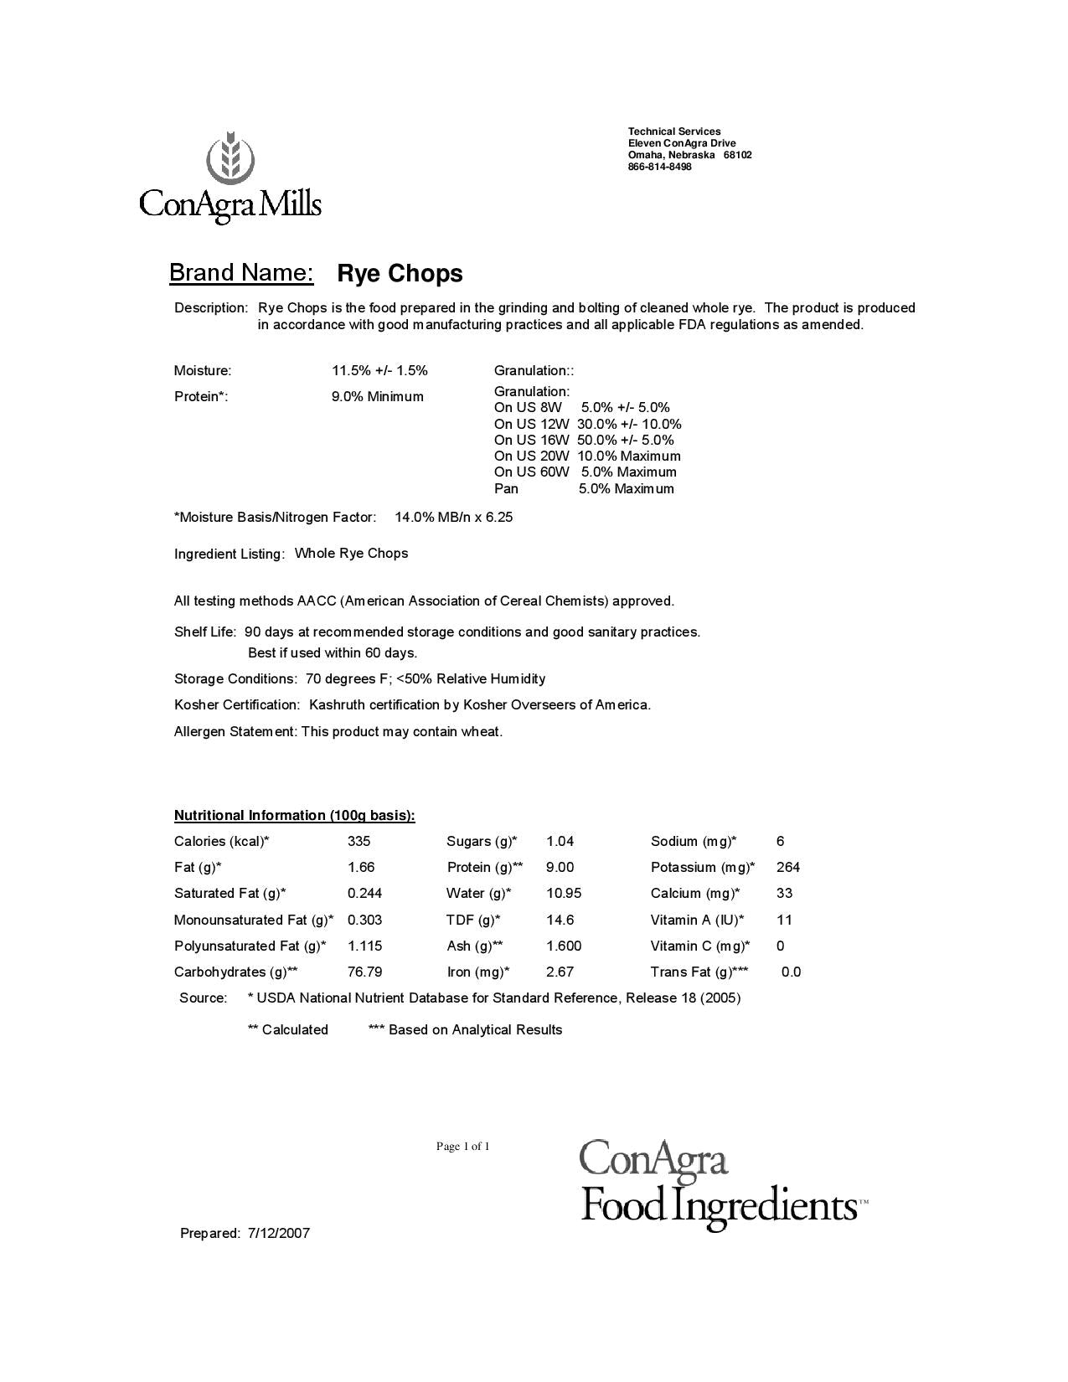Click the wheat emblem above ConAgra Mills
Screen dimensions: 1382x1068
(230, 157)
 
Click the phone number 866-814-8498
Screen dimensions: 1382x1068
(659, 167)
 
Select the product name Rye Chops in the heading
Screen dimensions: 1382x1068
(400, 274)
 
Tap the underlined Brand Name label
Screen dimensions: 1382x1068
(241, 273)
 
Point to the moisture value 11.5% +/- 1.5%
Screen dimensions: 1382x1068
(379, 370)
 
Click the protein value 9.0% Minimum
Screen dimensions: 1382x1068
(377, 396)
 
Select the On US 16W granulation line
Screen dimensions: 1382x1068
(583, 440)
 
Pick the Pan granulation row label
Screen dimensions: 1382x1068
(506, 488)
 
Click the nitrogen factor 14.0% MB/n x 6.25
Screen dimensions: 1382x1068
(453, 518)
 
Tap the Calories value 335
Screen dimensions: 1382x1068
(359, 841)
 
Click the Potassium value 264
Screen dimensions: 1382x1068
(787, 867)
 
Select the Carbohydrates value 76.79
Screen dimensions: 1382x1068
(364, 972)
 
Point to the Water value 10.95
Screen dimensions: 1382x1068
(563, 893)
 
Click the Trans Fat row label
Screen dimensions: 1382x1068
(699, 972)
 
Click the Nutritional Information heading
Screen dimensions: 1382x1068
(294, 815)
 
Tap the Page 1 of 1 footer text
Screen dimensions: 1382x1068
(462, 1146)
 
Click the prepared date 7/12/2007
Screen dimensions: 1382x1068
(279, 1233)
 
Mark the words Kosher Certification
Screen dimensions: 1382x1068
(236, 705)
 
